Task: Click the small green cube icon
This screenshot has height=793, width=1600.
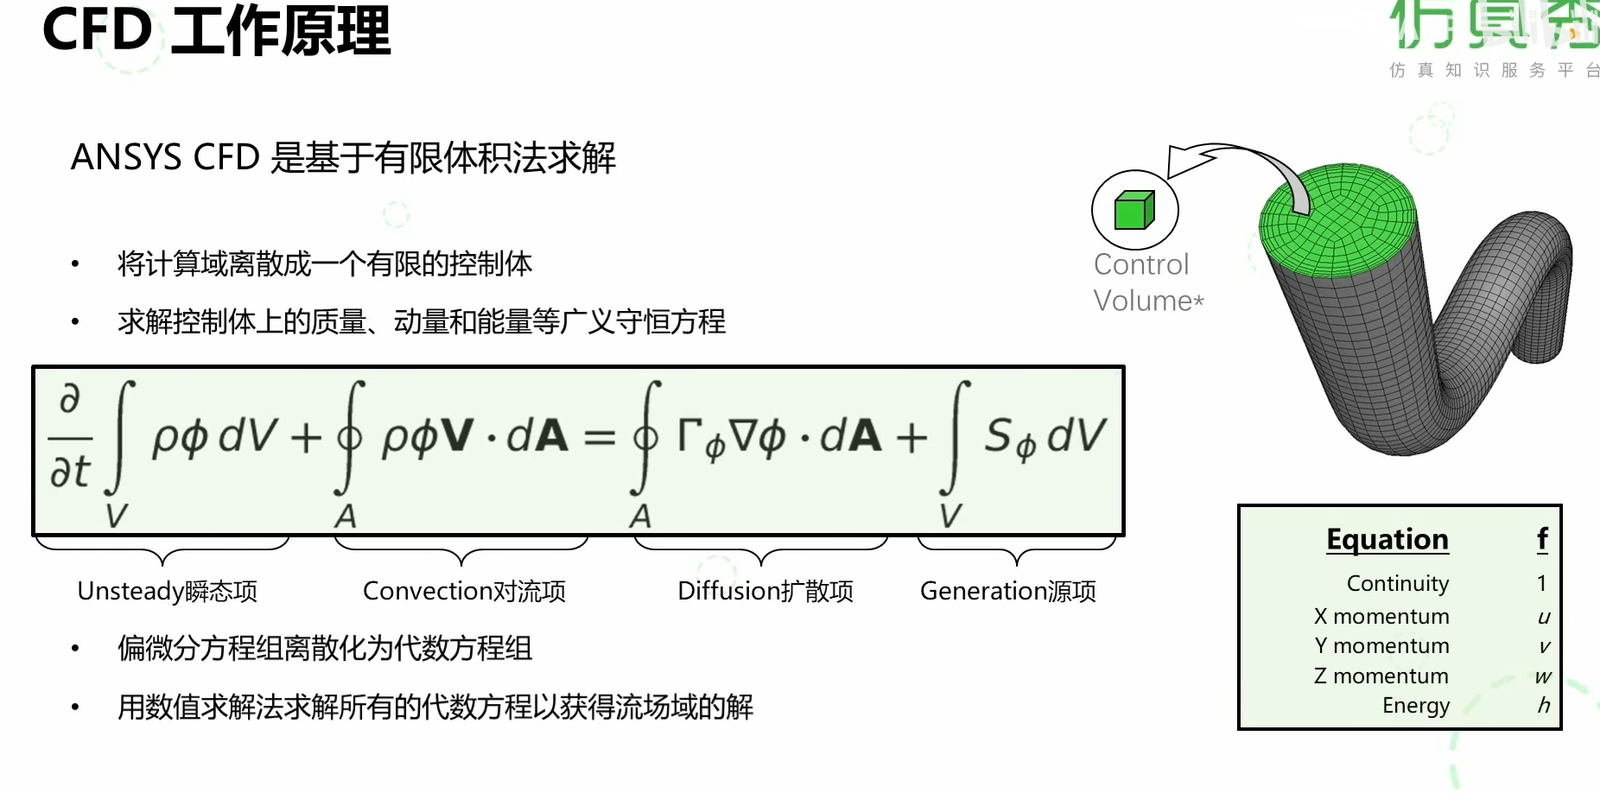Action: (x=1134, y=210)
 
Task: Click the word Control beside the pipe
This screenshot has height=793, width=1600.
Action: (x=1140, y=264)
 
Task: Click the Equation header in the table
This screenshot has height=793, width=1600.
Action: (x=1387, y=539)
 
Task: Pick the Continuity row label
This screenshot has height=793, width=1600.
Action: (x=1397, y=584)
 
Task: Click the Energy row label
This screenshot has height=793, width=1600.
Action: (x=1415, y=706)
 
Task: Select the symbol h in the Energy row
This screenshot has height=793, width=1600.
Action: (x=1543, y=706)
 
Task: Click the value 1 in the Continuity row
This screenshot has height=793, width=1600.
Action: (x=1541, y=584)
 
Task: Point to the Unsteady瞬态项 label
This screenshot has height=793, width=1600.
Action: (x=168, y=591)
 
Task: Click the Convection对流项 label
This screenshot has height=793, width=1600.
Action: (x=464, y=591)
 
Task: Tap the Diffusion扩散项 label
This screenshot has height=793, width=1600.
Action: (x=765, y=591)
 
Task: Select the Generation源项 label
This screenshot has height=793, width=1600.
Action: (x=1007, y=591)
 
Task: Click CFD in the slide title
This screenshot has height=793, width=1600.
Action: (x=97, y=30)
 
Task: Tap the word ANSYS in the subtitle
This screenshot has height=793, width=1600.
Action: (x=126, y=158)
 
